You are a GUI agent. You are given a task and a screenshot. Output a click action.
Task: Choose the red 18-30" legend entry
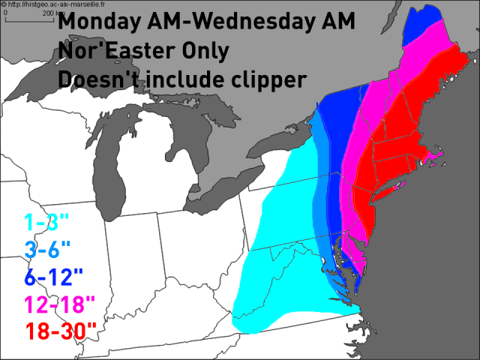61,330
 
